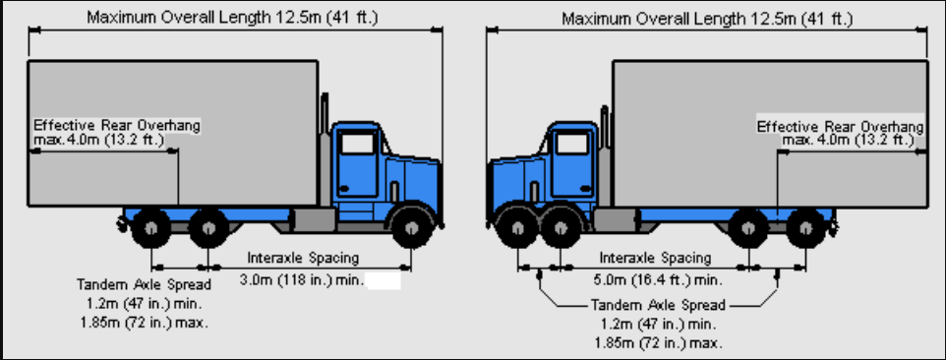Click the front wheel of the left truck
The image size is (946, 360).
(412, 228)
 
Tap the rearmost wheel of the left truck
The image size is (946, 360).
(150, 228)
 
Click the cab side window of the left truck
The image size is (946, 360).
(357, 144)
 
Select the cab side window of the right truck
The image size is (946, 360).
(571, 144)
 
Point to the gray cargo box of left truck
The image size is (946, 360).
(172, 133)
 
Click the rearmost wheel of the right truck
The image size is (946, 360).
(806, 228)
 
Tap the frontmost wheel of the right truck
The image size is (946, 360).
(517, 228)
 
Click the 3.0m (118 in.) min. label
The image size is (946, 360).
(302, 279)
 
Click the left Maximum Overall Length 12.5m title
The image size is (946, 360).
(232, 18)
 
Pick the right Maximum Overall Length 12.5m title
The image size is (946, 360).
(707, 19)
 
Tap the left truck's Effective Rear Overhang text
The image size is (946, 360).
(116, 126)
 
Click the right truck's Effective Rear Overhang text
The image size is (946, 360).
(840, 127)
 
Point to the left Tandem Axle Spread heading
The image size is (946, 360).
(145, 284)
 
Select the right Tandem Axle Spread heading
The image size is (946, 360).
(658, 305)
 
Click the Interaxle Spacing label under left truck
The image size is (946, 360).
(303, 258)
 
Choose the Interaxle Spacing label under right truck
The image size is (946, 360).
(655, 258)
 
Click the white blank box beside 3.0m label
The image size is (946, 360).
(384, 281)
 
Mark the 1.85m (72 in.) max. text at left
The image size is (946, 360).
(144, 323)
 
